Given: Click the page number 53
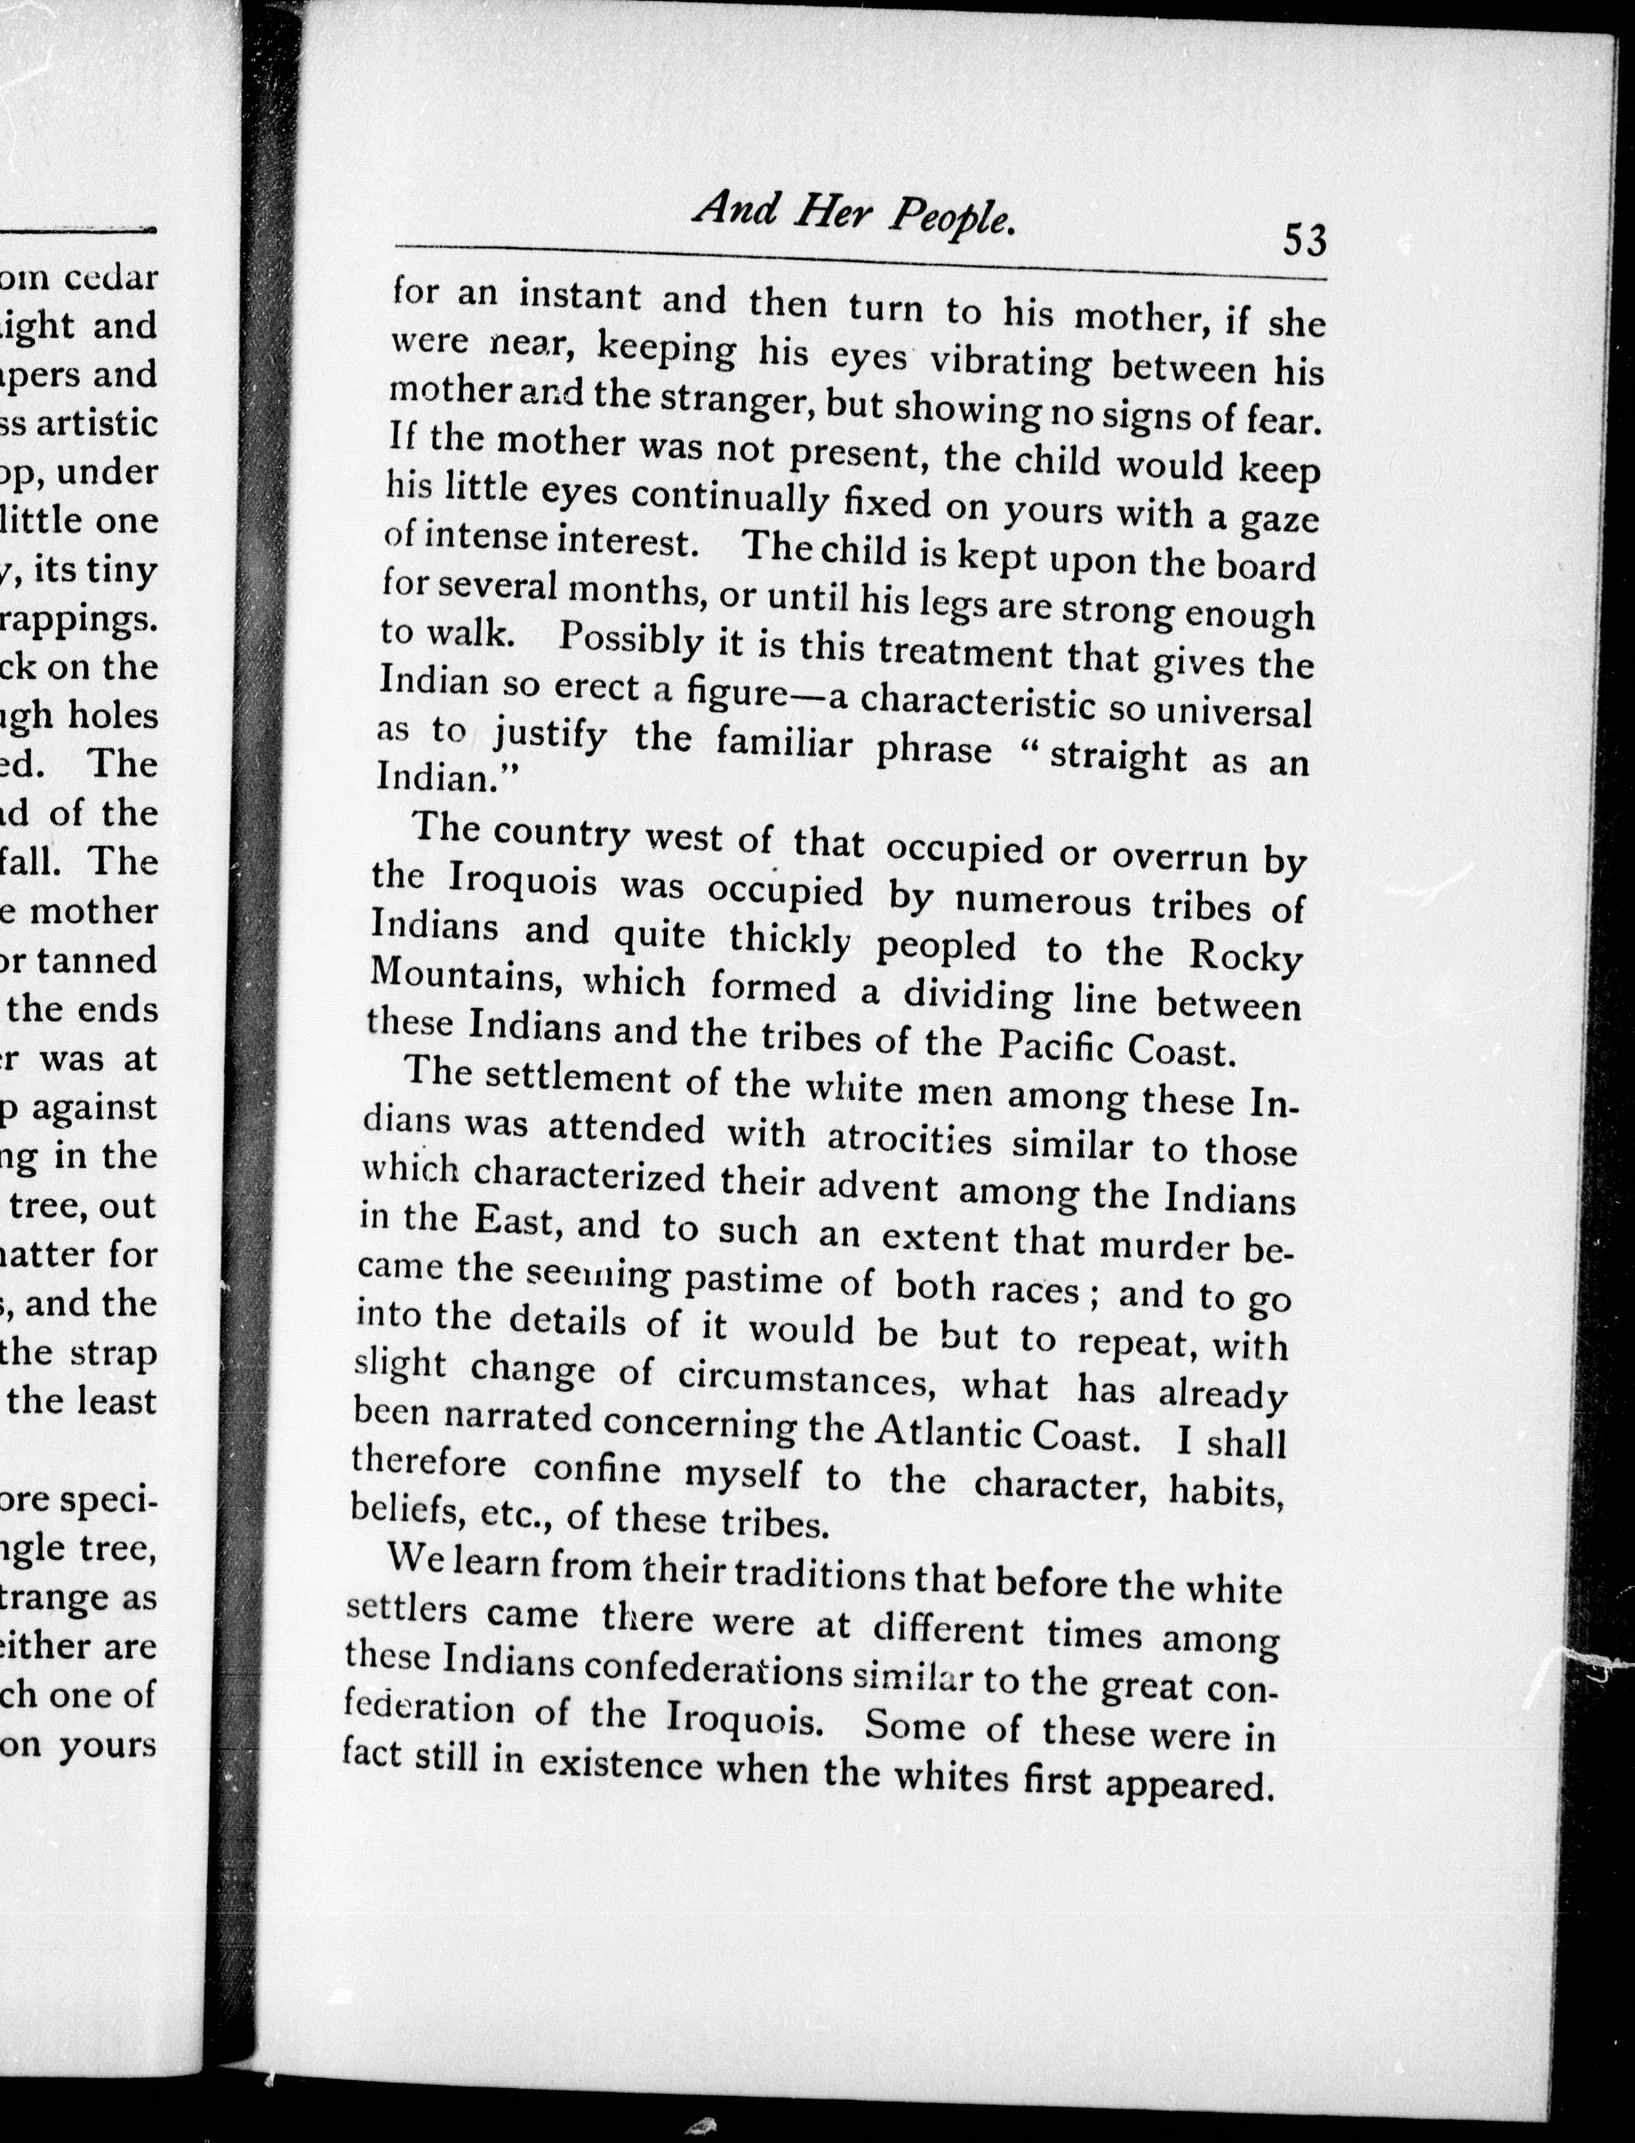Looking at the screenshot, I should [1304, 239].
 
